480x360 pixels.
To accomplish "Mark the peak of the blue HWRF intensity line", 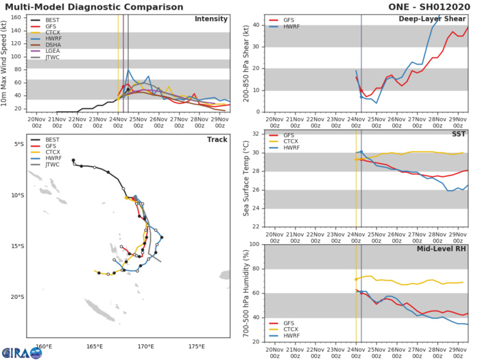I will click(x=129, y=69).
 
